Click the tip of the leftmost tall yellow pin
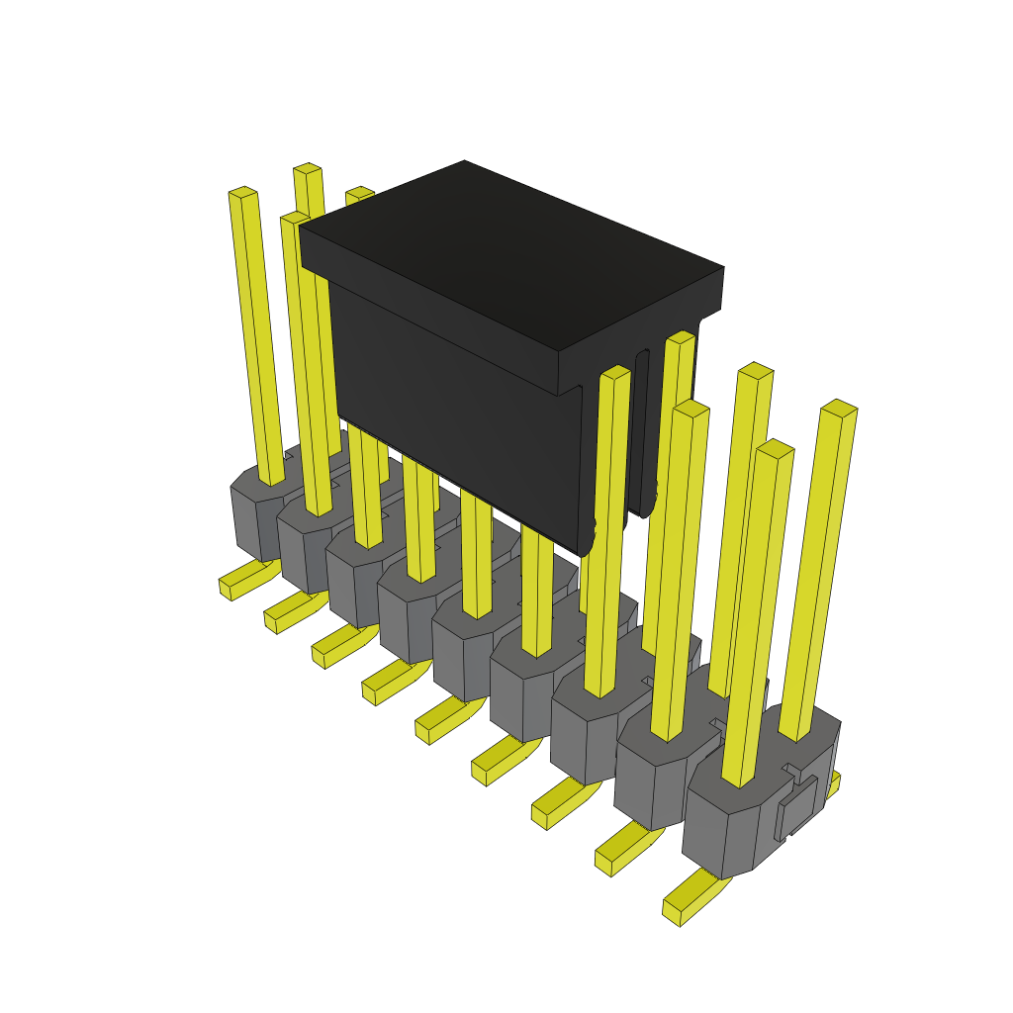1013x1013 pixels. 242,191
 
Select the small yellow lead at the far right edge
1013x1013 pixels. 834,783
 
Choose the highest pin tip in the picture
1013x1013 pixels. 308,169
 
